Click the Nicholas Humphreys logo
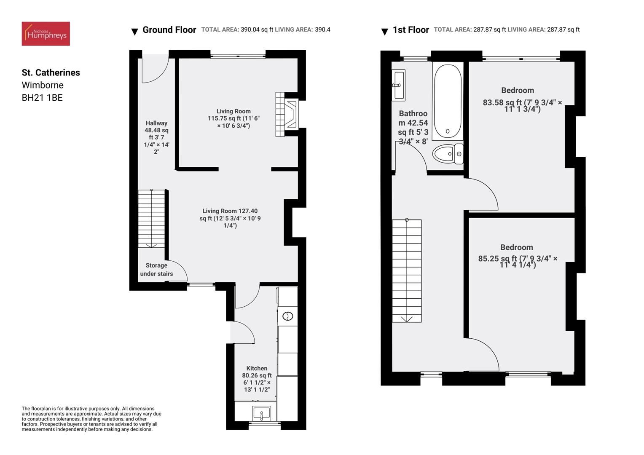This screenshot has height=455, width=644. point(46,34)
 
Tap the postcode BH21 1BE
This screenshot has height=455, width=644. point(42,98)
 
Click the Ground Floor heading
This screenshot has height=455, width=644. point(169,30)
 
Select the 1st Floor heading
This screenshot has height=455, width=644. point(411,30)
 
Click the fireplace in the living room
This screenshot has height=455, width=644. point(287,114)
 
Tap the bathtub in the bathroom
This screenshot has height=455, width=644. point(447,101)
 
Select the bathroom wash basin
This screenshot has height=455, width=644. point(398,85)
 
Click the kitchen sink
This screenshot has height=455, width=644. point(261,412)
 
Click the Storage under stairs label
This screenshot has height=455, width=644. point(156,270)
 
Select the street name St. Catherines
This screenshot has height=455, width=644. point(51,72)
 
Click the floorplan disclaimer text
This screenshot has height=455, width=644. point(91,419)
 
